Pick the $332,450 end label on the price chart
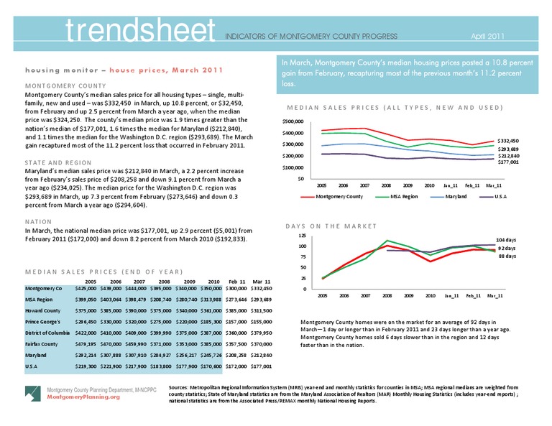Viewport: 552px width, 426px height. pos(507,141)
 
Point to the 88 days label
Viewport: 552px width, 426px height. pos(507,255)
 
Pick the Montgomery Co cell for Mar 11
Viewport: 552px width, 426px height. pos(261,289)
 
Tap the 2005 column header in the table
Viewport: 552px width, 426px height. pos(91,282)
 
